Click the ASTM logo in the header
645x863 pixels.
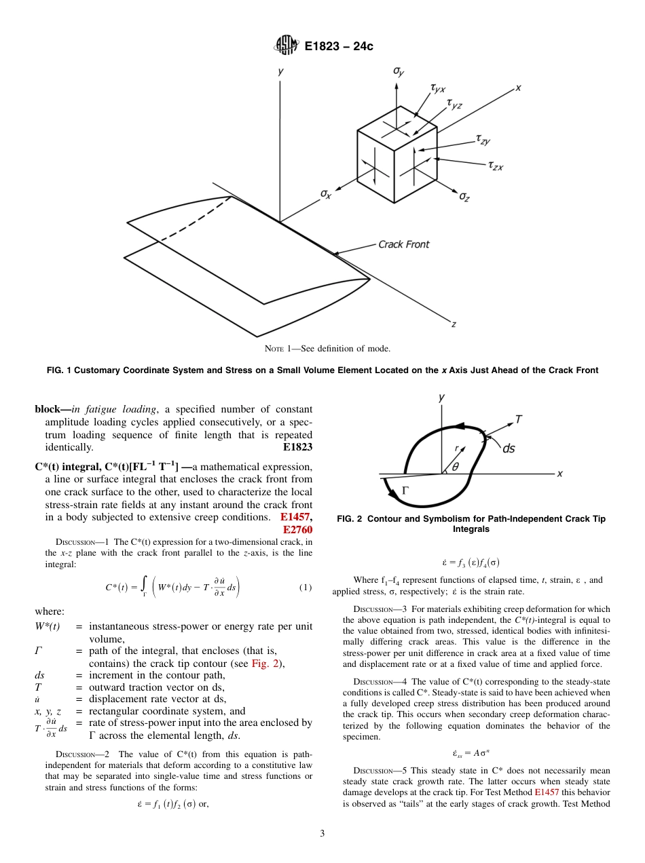(x=286, y=46)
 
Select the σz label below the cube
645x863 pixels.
(x=464, y=196)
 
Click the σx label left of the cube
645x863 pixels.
(x=326, y=194)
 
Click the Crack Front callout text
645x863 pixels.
(x=403, y=244)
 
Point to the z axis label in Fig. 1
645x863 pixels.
(x=454, y=324)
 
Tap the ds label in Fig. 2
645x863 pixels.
(x=508, y=448)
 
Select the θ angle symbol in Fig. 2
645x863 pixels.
(x=455, y=466)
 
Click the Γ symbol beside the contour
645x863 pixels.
(x=406, y=489)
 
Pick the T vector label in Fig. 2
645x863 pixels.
(x=518, y=419)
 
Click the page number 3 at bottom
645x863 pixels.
(x=322, y=834)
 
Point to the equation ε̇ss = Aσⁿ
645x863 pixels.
(x=471, y=734)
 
